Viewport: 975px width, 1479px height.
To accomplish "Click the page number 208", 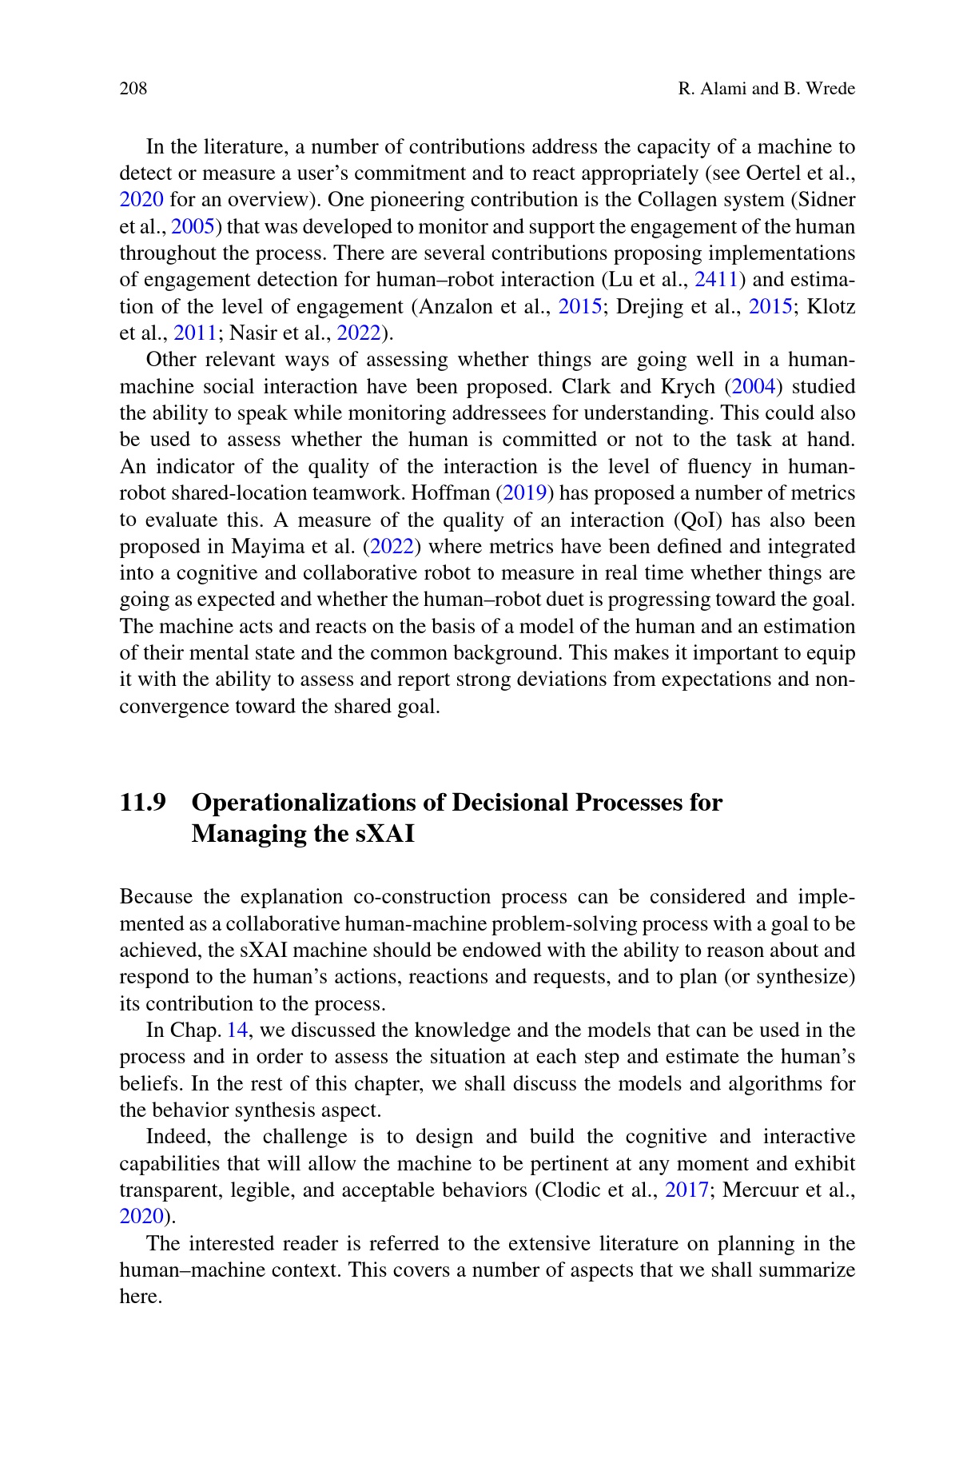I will coord(133,89).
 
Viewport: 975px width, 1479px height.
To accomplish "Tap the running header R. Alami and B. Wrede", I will coord(766,89).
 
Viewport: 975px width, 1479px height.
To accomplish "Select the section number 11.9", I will coord(143,803).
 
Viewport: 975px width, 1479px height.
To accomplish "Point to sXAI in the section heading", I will coord(385,834).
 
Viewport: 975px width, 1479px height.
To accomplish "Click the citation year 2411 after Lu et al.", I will coord(715,280).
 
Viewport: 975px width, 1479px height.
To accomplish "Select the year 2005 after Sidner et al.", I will coord(193,226).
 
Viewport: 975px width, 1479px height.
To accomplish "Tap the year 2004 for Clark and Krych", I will coord(754,387).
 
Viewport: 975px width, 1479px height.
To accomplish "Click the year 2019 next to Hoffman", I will coord(524,493).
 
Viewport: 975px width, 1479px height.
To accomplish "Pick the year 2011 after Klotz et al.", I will coord(195,333).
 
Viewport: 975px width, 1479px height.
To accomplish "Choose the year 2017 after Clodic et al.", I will coord(686,1190).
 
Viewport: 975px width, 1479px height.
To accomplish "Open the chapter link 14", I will coord(237,1031).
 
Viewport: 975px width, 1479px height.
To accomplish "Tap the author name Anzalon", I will coord(456,307).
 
